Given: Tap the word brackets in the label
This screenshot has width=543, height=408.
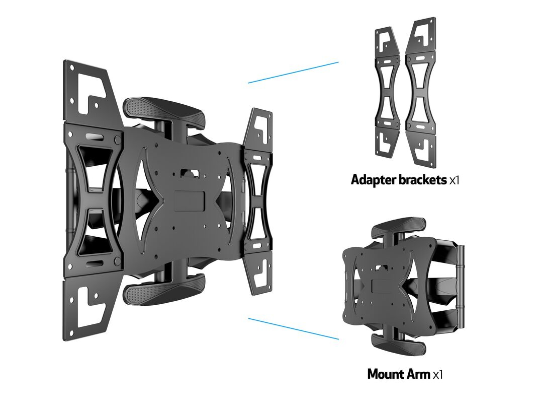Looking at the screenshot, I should [422, 179].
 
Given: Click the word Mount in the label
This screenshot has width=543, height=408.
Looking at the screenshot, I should [386, 374].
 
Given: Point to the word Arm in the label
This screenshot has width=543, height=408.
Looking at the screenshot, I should [419, 374].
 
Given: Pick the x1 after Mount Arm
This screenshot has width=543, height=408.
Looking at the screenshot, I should [438, 375].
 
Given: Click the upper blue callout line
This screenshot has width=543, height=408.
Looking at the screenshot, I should [293, 73].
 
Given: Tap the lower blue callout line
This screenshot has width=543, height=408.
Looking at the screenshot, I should [293, 328].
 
